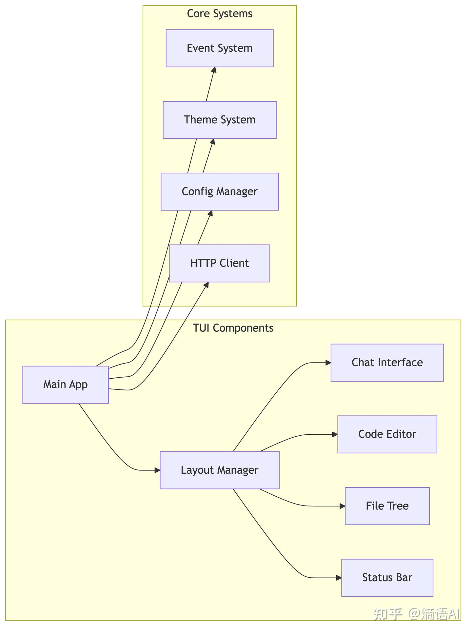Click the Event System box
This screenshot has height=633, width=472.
pyautogui.click(x=219, y=48)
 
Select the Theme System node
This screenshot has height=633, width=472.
pyautogui.click(x=219, y=120)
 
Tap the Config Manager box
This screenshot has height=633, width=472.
pyautogui.click(x=219, y=191)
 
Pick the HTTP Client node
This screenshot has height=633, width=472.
pyautogui.click(x=219, y=263)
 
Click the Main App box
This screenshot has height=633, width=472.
pyautogui.click(x=65, y=385)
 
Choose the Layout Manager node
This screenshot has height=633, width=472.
pyautogui.click(x=219, y=470)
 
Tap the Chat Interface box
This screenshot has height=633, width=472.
pyautogui.click(x=387, y=363)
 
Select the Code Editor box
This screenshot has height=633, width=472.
pyautogui.click(x=387, y=434)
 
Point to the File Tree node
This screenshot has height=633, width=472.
pyautogui.click(x=387, y=506)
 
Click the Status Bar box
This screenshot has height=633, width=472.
pyautogui.click(x=387, y=578)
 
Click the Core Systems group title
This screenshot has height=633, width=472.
pyautogui.click(x=219, y=14)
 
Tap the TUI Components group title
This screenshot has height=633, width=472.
pyautogui.click(x=233, y=328)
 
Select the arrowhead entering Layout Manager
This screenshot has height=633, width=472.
pyautogui.click(x=157, y=470)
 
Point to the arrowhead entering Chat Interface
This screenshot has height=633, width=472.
pyautogui.click(x=328, y=363)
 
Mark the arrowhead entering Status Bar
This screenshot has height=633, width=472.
pyautogui.click(x=339, y=578)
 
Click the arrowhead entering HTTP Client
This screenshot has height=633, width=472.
pyautogui.click(x=206, y=285)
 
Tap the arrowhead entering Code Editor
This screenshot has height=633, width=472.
pyautogui.click(x=335, y=434)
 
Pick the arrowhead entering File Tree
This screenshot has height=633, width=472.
pyautogui.click(x=343, y=506)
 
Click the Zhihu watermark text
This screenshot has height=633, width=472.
pyautogui.click(x=416, y=614)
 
